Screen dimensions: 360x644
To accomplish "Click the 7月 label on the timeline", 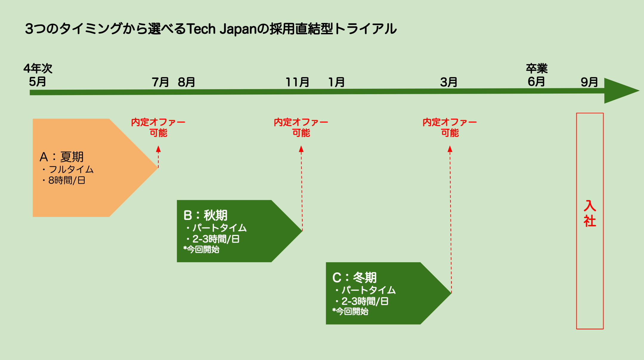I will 160,82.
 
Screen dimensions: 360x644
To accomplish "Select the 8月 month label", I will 186,82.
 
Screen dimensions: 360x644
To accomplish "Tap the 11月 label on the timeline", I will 297,82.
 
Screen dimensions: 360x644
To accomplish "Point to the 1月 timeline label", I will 336,82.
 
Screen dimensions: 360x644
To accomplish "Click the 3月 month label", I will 449,82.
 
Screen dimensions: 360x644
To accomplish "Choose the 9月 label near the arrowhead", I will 589,82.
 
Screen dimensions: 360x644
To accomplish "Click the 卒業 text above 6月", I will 537,69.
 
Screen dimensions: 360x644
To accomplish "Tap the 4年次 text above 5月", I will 38,69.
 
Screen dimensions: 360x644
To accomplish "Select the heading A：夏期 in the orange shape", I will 61,157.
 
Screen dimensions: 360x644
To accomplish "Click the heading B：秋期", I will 205,215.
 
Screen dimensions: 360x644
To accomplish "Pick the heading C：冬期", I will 354,277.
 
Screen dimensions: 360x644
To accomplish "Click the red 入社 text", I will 590,214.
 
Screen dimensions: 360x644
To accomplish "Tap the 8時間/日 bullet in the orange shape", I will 66,180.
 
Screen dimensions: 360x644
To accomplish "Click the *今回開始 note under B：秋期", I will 202,249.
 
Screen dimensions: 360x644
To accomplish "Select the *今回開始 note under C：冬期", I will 351,311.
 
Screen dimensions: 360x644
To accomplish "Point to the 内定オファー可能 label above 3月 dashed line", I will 450,127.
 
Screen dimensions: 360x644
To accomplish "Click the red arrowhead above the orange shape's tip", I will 158,149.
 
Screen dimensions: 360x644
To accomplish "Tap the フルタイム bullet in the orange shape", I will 71,169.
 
